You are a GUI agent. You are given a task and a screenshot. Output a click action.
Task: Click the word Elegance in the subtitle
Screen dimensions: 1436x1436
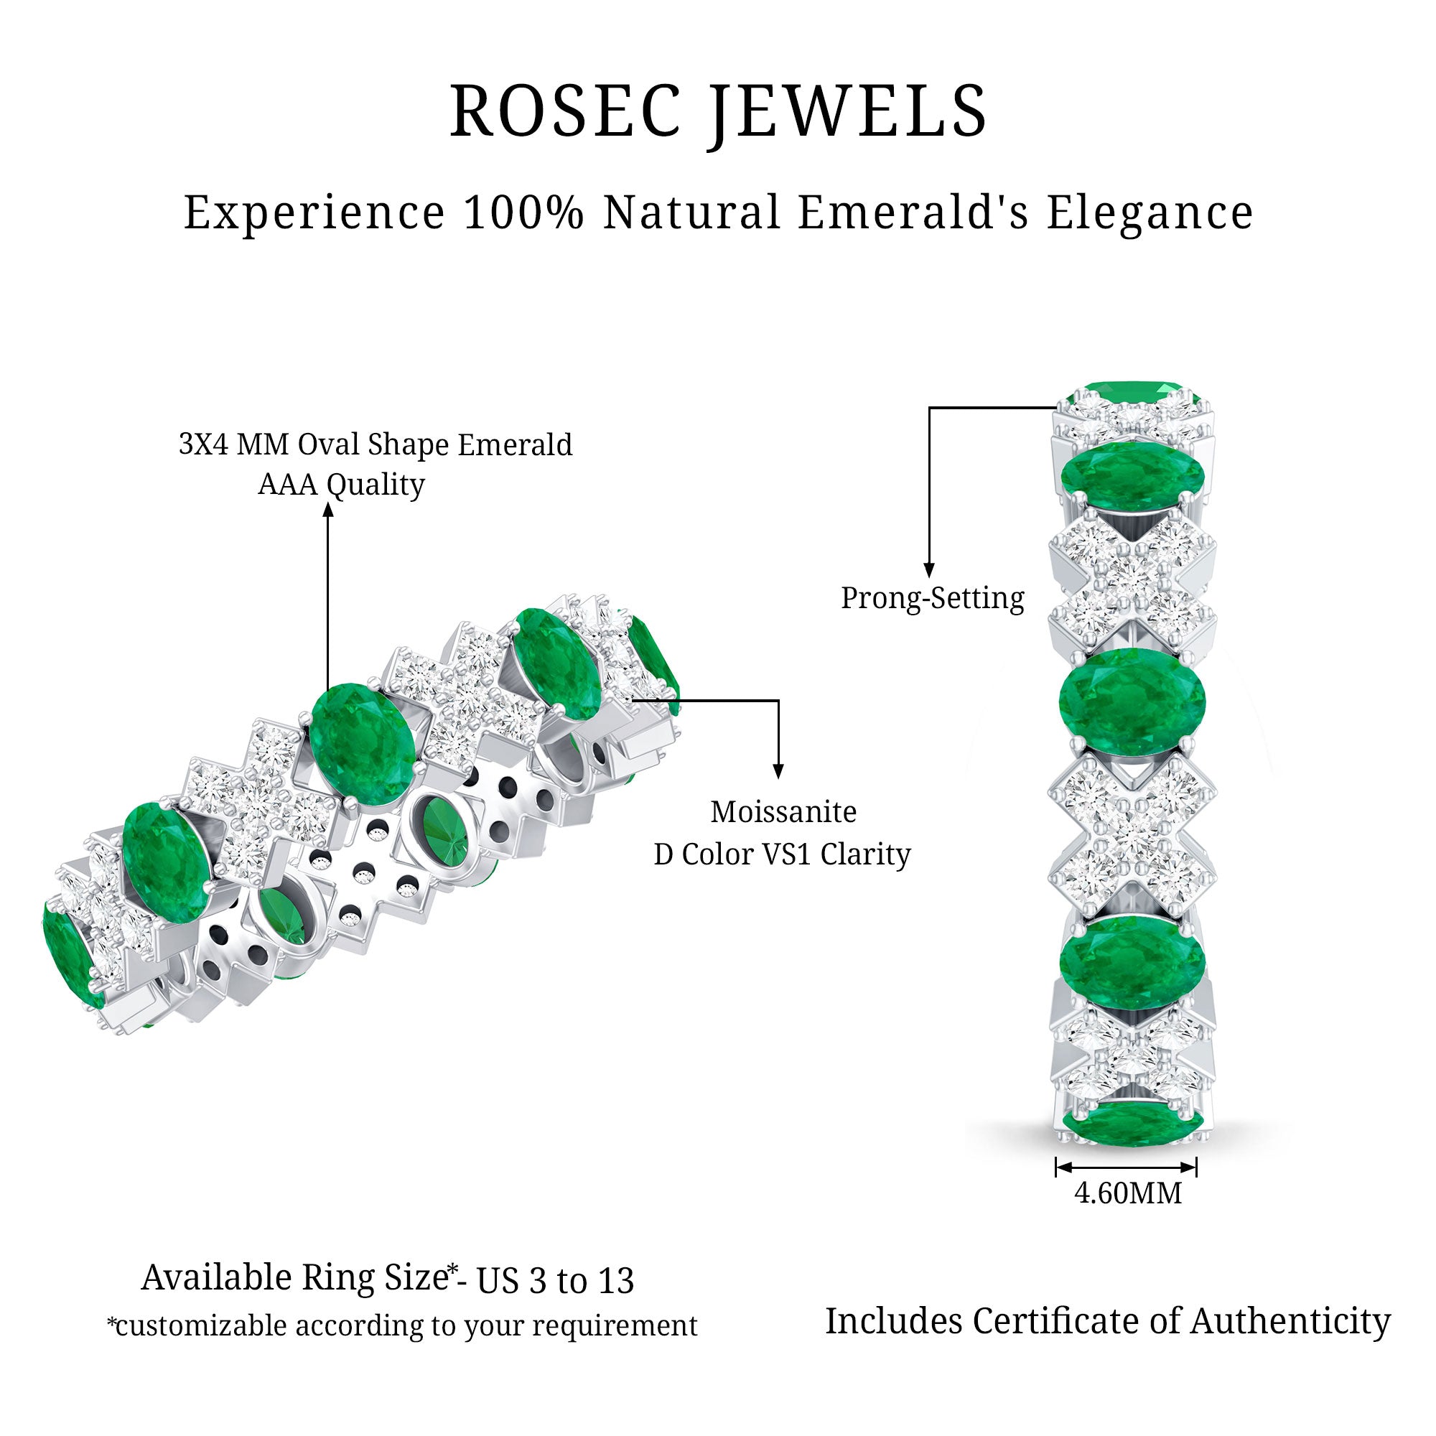pos(1150,214)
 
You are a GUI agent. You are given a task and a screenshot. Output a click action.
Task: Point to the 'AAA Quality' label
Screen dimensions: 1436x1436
pos(341,485)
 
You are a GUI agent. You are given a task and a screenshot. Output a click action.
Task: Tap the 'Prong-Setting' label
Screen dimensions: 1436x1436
pos(932,598)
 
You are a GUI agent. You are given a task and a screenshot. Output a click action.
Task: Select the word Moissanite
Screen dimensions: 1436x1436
pos(783,811)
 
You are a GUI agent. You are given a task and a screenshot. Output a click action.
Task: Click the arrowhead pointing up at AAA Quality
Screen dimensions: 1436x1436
pos(328,508)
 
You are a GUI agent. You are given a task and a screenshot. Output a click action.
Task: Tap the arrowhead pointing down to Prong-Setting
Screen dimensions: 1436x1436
pos(928,570)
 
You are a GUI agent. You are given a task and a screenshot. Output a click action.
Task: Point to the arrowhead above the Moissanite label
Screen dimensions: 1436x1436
pos(778,772)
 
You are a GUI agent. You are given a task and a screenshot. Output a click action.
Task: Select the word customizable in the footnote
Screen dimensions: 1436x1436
pos(201,1326)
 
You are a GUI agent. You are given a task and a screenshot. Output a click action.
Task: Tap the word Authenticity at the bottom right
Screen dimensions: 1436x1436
pos(1290,1322)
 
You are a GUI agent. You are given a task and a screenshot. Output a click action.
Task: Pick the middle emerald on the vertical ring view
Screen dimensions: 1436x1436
pos(1132,701)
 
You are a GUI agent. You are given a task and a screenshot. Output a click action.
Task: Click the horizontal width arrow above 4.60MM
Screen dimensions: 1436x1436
pos(1126,1167)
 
